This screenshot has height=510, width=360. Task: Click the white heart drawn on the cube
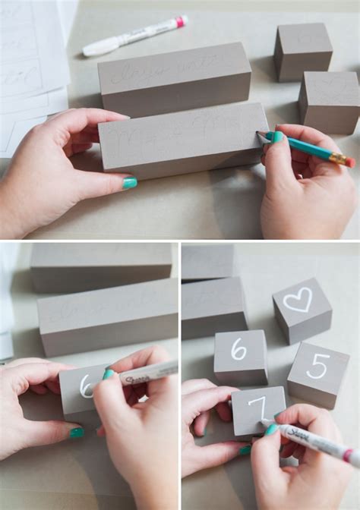pos(297,300)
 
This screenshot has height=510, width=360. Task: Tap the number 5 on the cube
pos(317,367)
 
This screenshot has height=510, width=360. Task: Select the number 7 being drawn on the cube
pos(257,408)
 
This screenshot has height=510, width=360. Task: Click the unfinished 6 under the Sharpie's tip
pos(86,386)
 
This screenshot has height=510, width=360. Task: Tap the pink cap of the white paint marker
pos(182,21)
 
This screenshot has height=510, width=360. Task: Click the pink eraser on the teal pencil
pos(350,162)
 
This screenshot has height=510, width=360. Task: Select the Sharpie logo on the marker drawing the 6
pos(137,376)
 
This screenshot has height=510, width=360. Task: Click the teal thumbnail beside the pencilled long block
pos(130,183)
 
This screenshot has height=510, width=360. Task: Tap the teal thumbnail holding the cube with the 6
pos(77,433)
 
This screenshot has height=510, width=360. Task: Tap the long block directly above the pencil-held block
pos(174,78)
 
